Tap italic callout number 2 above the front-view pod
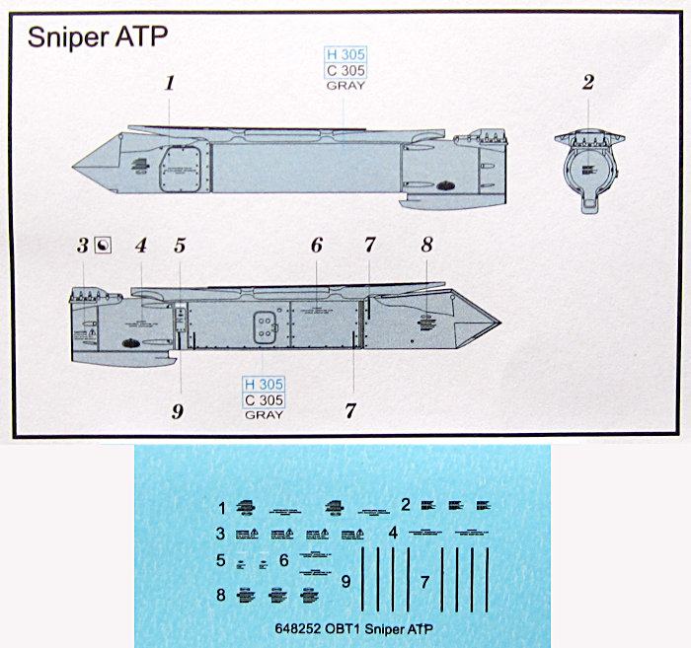[x=587, y=83]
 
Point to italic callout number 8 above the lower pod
[x=427, y=245]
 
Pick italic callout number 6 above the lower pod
[x=317, y=245]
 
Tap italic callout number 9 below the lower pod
[x=178, y=411]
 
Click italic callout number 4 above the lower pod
[x=140, y=245]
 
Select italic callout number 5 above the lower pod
[x=180, y=245]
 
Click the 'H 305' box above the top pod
[x=345, y=55]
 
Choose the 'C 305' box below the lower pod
[x=264, y=399]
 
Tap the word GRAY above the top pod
[x=345, y=86]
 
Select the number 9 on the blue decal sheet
[x=345, y=582]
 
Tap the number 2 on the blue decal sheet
[x=405, y=505]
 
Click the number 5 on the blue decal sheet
[x=221, y=560]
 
